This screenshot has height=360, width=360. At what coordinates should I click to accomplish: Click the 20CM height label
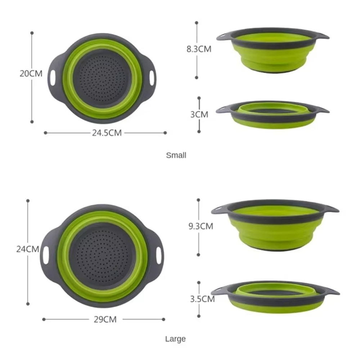point(31,74)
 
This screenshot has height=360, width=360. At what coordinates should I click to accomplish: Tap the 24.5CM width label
point(107,133)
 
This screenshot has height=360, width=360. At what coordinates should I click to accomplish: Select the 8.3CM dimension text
point(199,49)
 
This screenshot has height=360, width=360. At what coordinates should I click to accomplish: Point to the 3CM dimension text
point(199,114)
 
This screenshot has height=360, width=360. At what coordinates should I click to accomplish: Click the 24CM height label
point(27,249)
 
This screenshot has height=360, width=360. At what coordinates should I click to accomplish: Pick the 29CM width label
point(105,319)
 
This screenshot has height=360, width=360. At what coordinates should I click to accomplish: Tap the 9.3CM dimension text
point(201,226)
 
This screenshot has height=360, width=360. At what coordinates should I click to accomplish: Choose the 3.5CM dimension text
point(202,299)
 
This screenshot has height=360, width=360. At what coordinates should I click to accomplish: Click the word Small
point(176,156)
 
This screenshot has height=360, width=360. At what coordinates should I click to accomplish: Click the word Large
point(175,339)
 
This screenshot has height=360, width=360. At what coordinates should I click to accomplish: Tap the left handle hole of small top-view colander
point(53,78)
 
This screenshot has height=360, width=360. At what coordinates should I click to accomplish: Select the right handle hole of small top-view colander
point(152,78)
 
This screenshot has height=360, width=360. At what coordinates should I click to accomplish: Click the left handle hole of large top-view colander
point(46,255)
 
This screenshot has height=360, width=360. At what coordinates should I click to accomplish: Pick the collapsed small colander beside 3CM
point(273,114)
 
